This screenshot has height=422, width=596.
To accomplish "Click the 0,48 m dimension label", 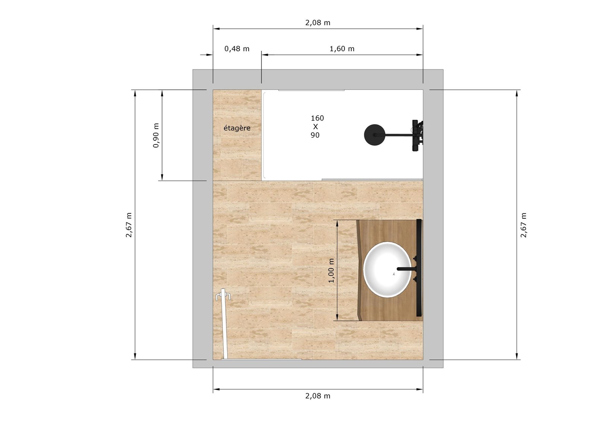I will point(237,49).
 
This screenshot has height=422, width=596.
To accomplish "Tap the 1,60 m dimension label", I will point(342,49).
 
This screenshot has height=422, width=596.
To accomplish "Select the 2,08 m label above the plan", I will point(318,23).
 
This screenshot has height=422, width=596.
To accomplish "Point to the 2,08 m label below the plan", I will point(318,396).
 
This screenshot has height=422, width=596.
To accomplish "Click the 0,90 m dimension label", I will point(156,135).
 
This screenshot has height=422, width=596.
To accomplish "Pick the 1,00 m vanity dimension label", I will point(332,271).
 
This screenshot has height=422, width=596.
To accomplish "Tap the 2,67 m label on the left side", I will point(129,225).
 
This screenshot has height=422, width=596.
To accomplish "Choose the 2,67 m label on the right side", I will point(524,225).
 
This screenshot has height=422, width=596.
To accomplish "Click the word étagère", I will point(237,128).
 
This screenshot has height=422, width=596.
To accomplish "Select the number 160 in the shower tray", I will point(317,118).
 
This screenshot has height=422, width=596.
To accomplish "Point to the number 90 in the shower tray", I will point(315,135).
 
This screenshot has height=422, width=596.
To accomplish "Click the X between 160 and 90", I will point(316,127).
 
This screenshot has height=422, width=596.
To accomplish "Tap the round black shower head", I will point(374,135).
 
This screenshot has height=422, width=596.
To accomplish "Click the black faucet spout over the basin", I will point(405,269).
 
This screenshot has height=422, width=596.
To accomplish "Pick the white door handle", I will point(223,297).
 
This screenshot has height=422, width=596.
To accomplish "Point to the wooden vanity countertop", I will point(387,231).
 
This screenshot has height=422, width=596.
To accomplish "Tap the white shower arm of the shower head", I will point(397,135).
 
